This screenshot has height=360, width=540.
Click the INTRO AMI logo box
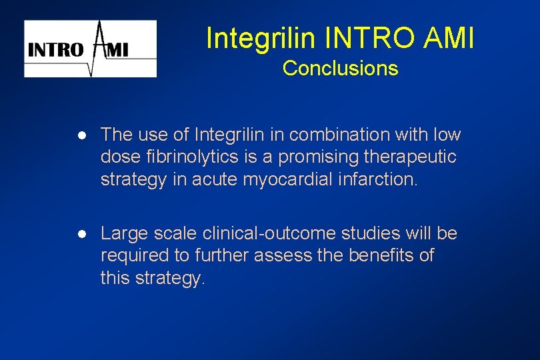(91, 49)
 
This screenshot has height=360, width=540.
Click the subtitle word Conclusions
(340, 68)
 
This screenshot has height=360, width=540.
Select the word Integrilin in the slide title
(261, 39)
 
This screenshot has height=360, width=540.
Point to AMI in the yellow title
(449, 39)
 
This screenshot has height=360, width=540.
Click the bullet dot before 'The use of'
(81, 135)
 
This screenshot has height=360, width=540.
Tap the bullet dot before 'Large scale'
(81, 234)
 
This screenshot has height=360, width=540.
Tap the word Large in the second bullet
(121, 233)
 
